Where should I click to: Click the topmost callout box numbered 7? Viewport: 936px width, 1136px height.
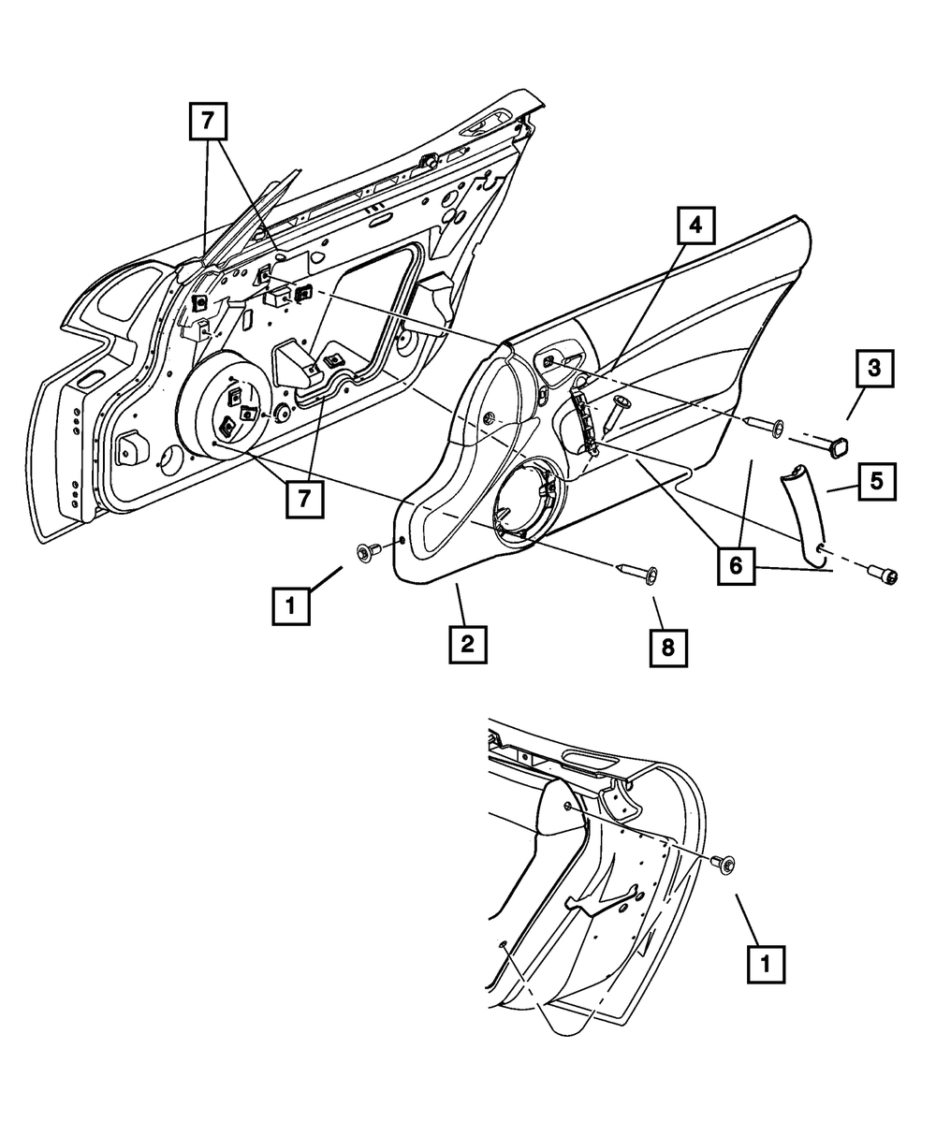[x=209, y=123]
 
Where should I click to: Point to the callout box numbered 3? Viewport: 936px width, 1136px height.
[x=874, y=370]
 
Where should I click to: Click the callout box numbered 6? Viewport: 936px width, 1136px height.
[x=737, y=567]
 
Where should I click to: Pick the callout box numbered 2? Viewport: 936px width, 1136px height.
[x=466, y=643]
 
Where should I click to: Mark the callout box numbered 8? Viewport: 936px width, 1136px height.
[x=669, y=648]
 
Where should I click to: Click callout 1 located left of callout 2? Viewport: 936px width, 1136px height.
[x=291, y=604]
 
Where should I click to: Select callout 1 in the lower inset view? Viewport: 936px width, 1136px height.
[x=766, y=963]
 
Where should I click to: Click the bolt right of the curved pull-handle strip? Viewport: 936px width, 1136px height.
[x=884, y=575]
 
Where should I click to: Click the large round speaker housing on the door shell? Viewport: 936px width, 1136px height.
[x=225, y=406]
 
